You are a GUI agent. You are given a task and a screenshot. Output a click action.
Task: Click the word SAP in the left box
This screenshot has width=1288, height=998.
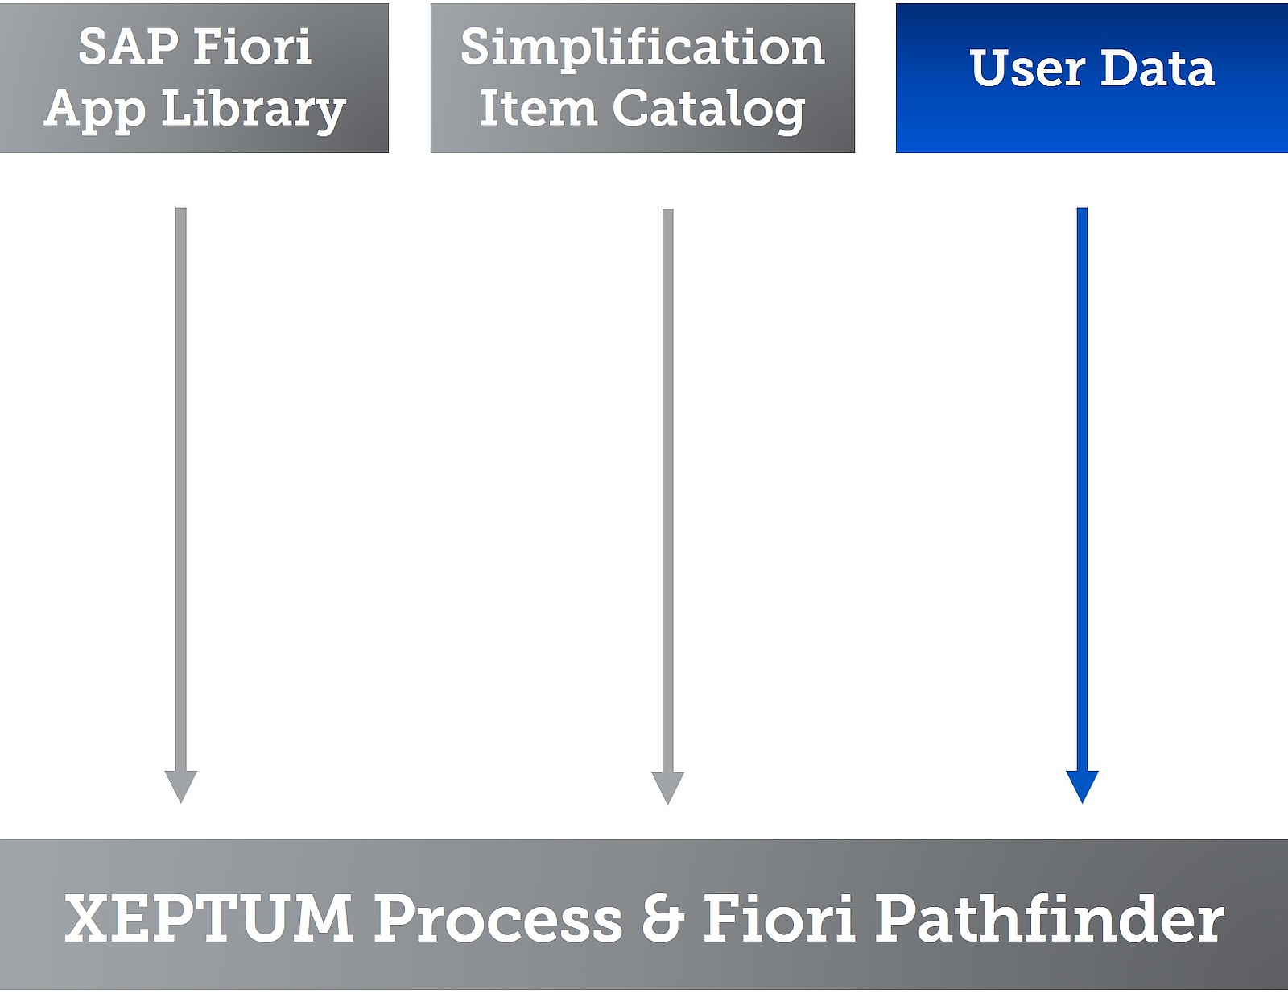pyautogui.click(x=128, y=46)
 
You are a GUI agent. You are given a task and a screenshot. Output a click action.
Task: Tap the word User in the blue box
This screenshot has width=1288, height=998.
pyautogui.click(x=1027, y=68)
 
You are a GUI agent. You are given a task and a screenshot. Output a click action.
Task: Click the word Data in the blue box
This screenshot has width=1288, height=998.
pyautogui.click(x=1158, y=68)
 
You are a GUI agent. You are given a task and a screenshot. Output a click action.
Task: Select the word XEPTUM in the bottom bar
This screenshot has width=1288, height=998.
pyautogui.click(x=208, y=918)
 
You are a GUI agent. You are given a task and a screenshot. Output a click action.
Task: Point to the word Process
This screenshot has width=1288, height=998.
pyautogui.click(x=497, y=919)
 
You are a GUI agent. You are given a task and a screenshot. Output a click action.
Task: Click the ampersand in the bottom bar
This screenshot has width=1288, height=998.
pyautogui.click(x=663, y=918)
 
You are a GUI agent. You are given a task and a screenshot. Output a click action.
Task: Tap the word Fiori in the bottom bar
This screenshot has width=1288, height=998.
pyautogui.click(x=779, y=918)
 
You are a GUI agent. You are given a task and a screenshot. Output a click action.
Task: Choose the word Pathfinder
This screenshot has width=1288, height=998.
pyautogui.click(x=1050, y=918)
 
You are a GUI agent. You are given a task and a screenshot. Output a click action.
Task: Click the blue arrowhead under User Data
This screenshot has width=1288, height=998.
pyautogui.click(x=1083, y=786)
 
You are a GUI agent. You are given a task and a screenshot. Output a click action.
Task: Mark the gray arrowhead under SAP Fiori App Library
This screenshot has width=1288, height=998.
pyautogui.click(x=181, y=786)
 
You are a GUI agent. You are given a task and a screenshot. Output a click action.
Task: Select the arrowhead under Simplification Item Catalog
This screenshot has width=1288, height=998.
pyautogui.click(x=668, y=788)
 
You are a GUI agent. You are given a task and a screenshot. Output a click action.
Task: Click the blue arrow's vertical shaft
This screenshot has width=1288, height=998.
pyautogui.click(x=1083, y=489)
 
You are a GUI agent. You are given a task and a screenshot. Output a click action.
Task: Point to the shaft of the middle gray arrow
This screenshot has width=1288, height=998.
pyautogui.click(x=668, y=491)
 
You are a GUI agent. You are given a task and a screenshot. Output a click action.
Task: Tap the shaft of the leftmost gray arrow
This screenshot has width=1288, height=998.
pyautogui.click(x=181, y=489)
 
